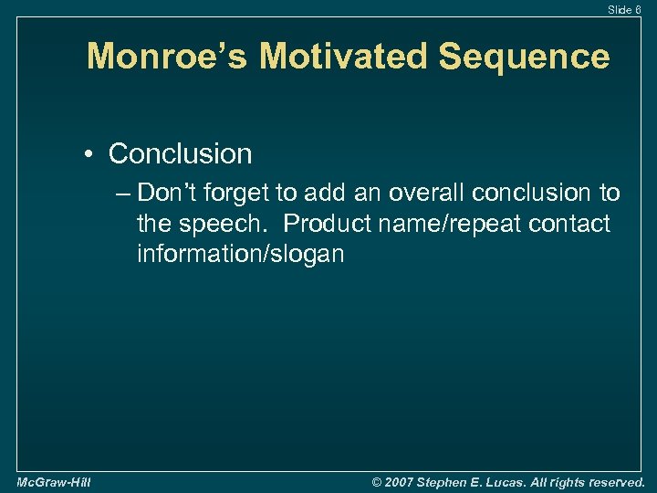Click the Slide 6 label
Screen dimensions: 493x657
(x=625, y=9)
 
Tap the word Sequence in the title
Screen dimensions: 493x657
(x=524, y=57)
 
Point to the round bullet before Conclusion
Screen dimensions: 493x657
(x=94, y=154)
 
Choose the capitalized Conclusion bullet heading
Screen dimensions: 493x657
(x=180, y=154)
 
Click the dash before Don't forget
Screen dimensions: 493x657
(x=123, y=194)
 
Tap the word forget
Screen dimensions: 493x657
(x=238, y=194)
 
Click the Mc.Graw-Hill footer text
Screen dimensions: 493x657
(x=53, y=481)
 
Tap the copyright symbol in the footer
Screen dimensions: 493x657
(x=380, y=481)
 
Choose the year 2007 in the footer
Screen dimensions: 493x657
(x=402, y=481)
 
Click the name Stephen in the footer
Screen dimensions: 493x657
(x=448, y=481)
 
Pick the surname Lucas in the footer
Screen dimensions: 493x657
(x=515, y=481)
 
